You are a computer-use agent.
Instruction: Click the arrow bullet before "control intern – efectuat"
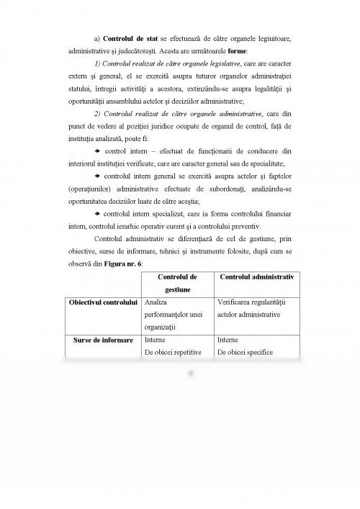[97, 150]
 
